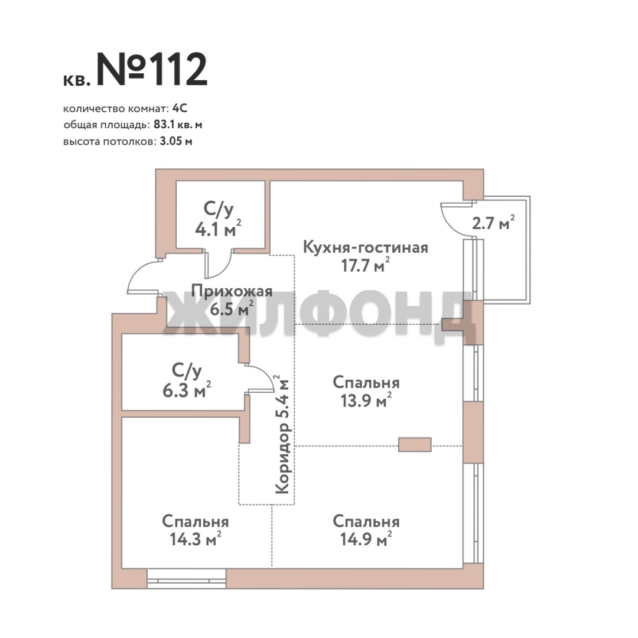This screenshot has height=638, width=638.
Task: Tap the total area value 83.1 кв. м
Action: coord(178,125)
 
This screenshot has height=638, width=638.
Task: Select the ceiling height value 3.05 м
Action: coord(176,142)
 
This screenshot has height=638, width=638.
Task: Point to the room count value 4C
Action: coord(180,108)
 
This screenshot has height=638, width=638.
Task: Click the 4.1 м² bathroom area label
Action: coord(218,230)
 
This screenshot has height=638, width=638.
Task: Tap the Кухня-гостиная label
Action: coord(366,248)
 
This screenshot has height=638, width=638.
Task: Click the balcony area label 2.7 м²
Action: coord(493,223)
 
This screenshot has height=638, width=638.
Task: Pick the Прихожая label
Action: coord(232,291)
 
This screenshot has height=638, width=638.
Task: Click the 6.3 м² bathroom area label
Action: coord(187,390)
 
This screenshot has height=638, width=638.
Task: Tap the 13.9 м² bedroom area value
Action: coord(366,401)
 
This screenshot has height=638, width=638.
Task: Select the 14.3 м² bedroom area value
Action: coord(196,539)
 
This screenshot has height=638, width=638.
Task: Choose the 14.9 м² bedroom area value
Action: coord(366,539)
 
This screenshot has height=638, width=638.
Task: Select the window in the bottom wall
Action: coord(186,578)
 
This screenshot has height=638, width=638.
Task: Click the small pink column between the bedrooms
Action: coord(415,445)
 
